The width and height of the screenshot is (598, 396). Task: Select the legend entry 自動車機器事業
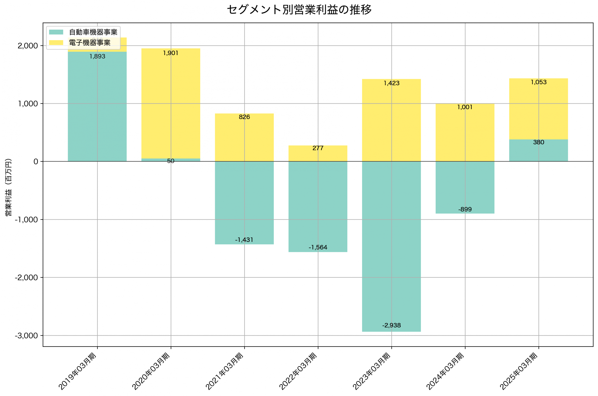point(93,32)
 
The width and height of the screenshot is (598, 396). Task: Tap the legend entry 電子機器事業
point(89,43)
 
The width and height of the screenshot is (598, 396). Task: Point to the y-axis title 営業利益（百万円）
point(8,187)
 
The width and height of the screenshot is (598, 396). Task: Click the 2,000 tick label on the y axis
point(28,46)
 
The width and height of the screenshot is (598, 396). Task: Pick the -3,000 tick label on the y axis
point(26,336)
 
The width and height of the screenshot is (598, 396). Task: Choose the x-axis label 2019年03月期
point(78,371)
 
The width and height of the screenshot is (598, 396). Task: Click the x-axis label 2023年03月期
point(372,371)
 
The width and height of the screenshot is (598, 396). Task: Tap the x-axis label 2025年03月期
point(519,371)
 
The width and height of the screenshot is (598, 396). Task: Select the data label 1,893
point(97,56)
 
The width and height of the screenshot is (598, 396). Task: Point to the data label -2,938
point(391,325)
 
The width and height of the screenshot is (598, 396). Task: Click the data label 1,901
point(171,53)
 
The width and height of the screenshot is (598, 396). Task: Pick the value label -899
point(465,209)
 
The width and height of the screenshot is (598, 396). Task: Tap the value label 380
point(538,142)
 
